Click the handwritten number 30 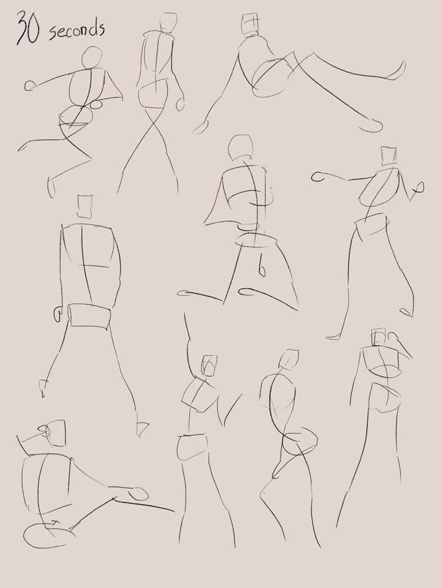pos(28,29)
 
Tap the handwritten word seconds pos(77,30)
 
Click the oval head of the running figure pos(92,58)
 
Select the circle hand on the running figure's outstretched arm pos(29,86)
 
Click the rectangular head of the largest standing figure pos(85,206)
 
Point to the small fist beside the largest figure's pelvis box pos(58,314)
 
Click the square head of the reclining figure pos(56,433)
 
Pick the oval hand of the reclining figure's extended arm pos(138,494)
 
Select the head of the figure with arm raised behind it pos(379,337)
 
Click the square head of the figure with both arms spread pos(389,156)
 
